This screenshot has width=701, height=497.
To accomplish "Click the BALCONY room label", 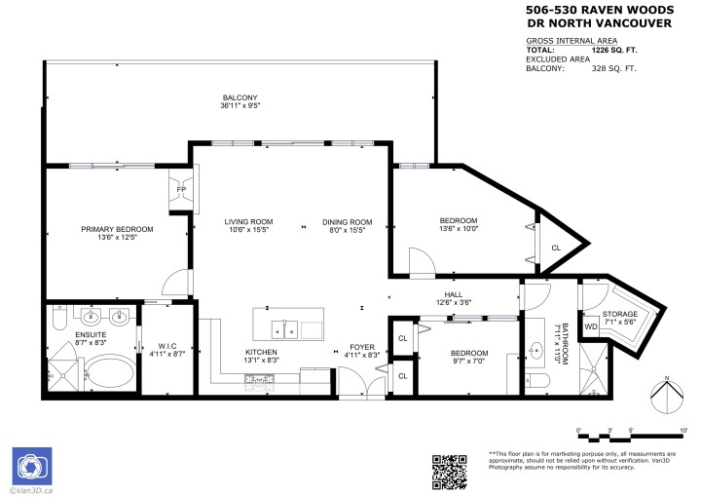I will (x=240, y=97).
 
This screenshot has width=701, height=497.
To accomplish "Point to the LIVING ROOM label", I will (x=248, y=221).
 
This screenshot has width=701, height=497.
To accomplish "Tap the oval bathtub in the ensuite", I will (x=105, y=374).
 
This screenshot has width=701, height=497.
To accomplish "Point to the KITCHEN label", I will (x=261, y=352).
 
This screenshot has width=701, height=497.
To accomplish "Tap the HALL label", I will (x=454, y=293).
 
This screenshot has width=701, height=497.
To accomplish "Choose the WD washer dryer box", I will (x=590, y=326).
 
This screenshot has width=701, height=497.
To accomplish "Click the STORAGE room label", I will (x=619, y=314).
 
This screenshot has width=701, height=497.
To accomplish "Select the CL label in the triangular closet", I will (x=556, y=248).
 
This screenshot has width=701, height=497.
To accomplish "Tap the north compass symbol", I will (x=665, y=394).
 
